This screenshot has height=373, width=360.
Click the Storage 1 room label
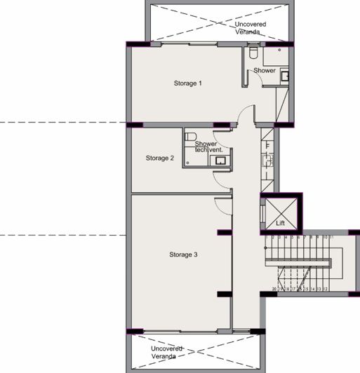tap(187, 83)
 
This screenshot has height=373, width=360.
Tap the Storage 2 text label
tap(159, 158)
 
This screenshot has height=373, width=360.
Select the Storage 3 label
tap(183, 255)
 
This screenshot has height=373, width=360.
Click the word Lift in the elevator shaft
tap(280, 223)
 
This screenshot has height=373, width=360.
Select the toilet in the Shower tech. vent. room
tap(190, 135)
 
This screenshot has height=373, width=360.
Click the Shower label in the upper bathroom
tap(265, 71)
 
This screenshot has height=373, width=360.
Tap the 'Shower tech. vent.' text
tap(208, 147)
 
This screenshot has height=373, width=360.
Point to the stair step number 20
tap(274, 287)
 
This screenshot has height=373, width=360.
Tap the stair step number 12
tap(326, 287)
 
